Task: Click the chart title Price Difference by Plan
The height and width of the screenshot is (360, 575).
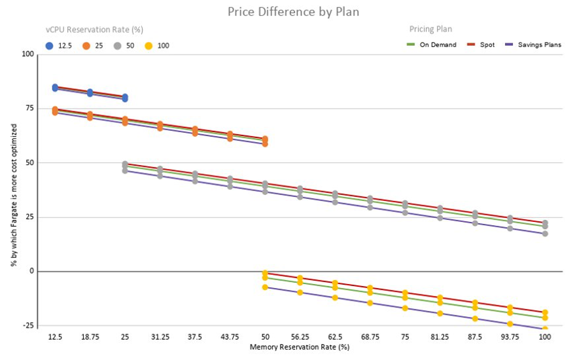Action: pyautogui.click(x=293, y=12)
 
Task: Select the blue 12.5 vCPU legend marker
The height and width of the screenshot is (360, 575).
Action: pyautogui.click(x=49, y=46)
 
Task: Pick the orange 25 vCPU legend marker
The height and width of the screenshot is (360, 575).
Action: pyautogui.click(x=86, y=46)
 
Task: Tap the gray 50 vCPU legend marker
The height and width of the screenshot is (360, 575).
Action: pyautogui.click(x=118, y=46)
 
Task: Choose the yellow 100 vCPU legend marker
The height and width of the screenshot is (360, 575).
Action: pyautogui.click(x=150, y=46)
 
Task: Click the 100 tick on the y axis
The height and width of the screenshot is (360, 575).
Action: pyautogui.click(x=27, y=54)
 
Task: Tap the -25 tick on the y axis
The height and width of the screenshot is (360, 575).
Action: pyautogui.click(x=27, y=325)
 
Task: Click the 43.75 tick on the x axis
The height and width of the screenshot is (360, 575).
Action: pyautogui.click(x=230, y=336)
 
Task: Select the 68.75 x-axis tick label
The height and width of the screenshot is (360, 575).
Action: pyautogui.click(x=370, y=336)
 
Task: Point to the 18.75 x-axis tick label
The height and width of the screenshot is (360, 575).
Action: pyautogui.click(x=90, y=336)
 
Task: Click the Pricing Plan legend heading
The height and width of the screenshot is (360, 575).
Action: pyautogui.click(x=430, y=29)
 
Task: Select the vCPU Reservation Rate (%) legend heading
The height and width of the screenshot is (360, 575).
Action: pyautogui.click(x=94, y=29)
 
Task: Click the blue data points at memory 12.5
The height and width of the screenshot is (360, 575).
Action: pyautogui.click(x=55, y=88)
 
